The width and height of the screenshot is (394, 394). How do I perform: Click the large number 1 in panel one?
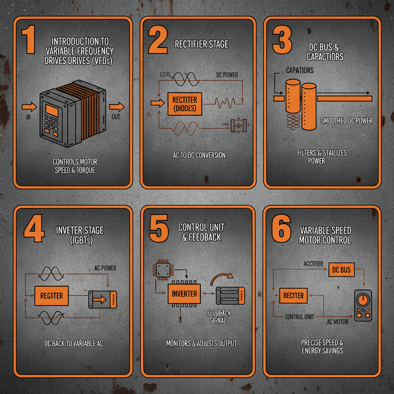click(x=28, y=39)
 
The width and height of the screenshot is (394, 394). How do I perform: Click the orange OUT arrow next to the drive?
click(x=117, y=107)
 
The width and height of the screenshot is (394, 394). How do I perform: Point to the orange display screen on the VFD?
click(x=52, y=111)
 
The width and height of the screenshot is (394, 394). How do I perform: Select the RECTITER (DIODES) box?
click(x=184, y=104)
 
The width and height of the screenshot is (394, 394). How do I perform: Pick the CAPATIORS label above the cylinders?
click(x=300, y=70)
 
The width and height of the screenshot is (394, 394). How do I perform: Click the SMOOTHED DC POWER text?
click(x=346, y=121)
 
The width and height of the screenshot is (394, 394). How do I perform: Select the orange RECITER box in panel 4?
click(x=52, y=295)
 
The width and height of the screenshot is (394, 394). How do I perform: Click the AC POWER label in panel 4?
click(x=105, y=268)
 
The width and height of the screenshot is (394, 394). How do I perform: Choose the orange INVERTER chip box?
click(x=184, y=294)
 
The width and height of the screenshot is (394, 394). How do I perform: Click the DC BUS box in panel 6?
click(x=341, y=270)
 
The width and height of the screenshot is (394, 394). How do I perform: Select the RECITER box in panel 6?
click(x=293, y=295)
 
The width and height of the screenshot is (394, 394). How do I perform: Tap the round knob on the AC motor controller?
click(x=362, y=301)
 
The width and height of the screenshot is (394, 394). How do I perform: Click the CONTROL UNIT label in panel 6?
click(x=299, y=317)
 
